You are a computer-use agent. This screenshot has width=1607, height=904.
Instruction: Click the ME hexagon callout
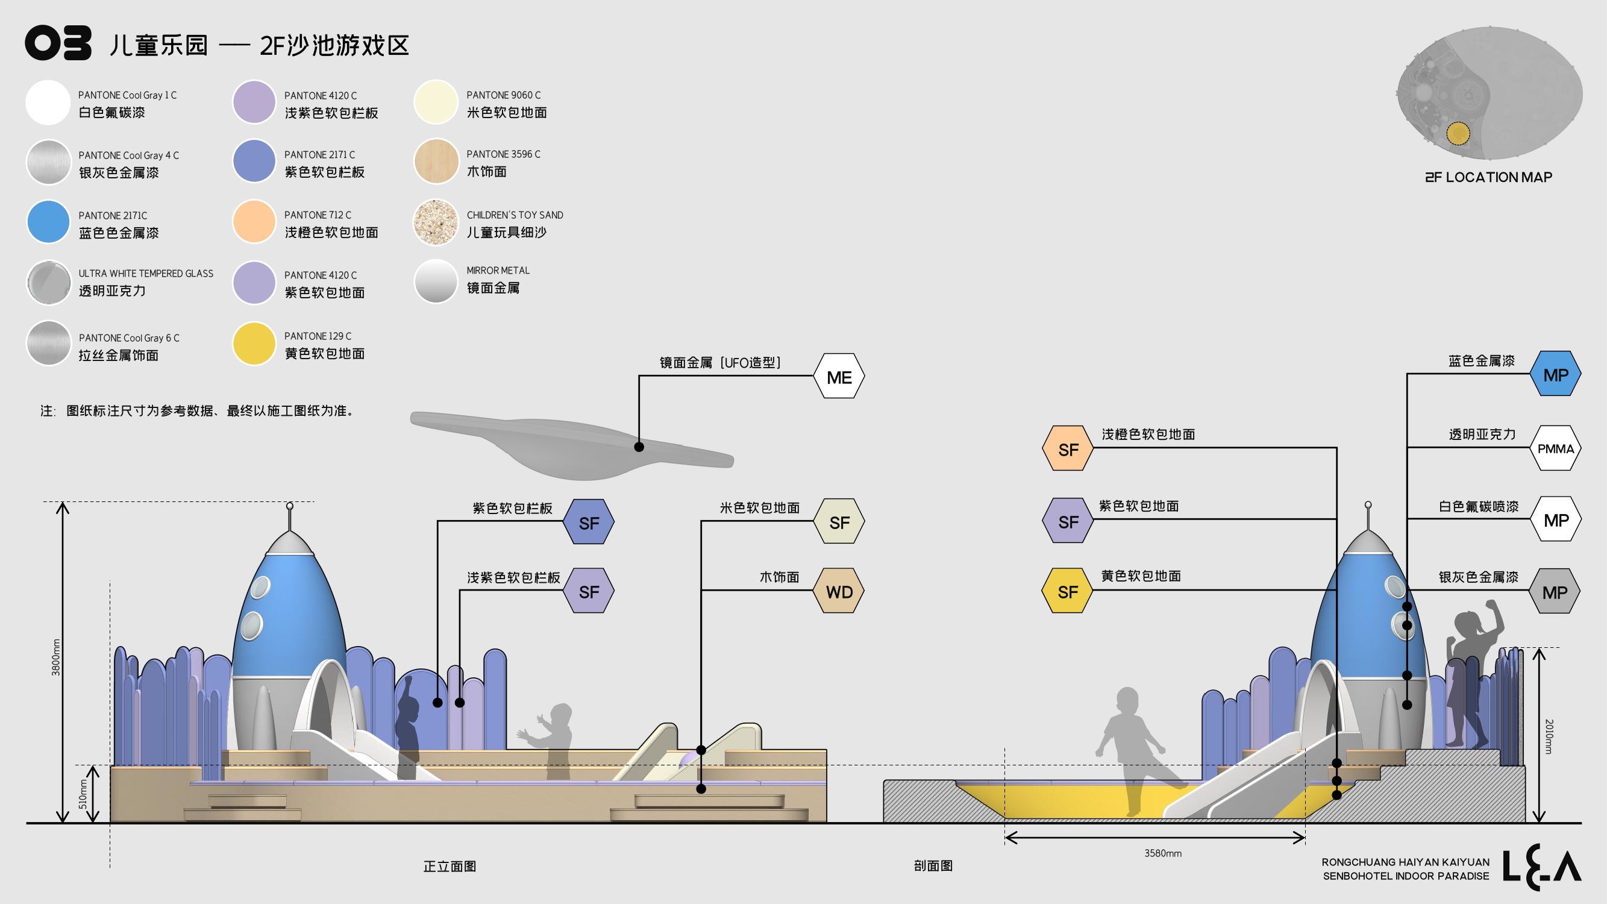(x=839, y=377)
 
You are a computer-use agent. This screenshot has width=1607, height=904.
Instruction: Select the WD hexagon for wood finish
(x=839, y=591)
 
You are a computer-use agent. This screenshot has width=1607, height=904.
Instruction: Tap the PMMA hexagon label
(x=1555, y=448)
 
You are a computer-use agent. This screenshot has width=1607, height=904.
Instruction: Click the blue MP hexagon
(x=1555, y=375)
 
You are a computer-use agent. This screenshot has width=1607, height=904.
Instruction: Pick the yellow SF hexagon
(x=1067, y=591)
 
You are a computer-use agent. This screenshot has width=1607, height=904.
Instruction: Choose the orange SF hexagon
(x=1068, y=449)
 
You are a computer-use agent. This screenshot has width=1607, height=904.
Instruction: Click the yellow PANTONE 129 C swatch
(x=254, y=344)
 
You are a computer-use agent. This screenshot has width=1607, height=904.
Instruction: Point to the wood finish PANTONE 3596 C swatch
(x=436, y=162)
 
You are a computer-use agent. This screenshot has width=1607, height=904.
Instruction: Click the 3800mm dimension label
(x=56, y=657)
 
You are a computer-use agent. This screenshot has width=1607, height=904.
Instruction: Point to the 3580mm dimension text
(x=1162, y=853)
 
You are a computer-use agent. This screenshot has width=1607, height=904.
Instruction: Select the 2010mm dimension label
(x=1549, y=736)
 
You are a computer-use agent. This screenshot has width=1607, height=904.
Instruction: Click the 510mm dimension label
(x=83, y=794)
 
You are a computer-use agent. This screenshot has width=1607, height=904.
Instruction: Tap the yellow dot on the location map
(x=1458, y=133)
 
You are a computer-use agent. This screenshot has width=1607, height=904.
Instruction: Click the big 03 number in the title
(x=58, y=43)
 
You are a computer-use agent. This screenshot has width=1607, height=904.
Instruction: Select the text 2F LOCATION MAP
(x=1488, y=177)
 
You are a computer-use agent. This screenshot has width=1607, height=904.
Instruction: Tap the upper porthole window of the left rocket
(x=260, y=586)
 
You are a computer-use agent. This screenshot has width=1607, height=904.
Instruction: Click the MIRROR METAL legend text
(x=498, y=270)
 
